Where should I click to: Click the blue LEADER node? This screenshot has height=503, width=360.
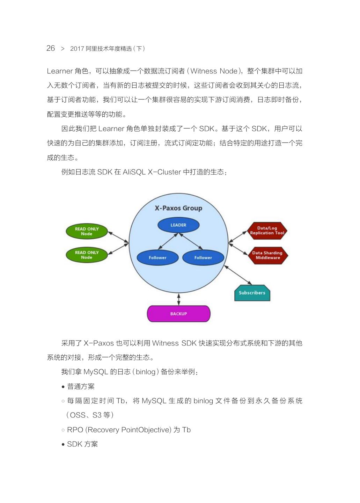tap(178, 225)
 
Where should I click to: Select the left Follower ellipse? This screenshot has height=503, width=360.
tap(157, 258)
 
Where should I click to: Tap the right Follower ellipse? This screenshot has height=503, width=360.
tap(203, 258)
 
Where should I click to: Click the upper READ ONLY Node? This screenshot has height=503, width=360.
tap(87, 231)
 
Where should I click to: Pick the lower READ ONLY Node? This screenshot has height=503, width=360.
tap(87, 255)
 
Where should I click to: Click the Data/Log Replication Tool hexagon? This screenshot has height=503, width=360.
tap(267, 231)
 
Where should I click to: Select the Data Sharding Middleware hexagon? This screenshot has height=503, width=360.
tap(267, 255)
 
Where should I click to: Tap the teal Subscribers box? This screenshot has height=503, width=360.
tap(252, 293)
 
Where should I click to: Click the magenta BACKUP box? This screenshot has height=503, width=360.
tap(178, 314)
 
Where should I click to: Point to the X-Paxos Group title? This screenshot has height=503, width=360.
tap(178, 208)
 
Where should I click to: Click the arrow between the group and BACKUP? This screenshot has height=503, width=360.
tap(179, 299)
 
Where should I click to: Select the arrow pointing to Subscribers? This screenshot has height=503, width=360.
tap(238, 275)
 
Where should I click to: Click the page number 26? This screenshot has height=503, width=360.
tap(51, 48)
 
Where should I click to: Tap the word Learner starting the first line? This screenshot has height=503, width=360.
tap(59, 71)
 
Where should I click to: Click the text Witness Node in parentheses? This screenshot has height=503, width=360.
tap(214, 71)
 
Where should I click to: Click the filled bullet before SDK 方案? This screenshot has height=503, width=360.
tap(63, 445)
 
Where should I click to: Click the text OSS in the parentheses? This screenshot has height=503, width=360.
tap(78, 415)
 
